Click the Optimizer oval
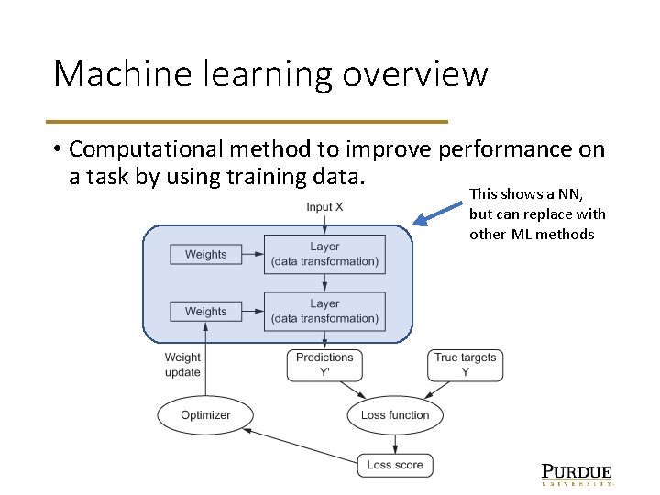(x=205, y=415)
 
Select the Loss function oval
(x=395, y=415)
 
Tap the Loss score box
(x=395, y=465)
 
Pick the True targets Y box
(x=465, y=365)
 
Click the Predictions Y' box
(x=324, y=365)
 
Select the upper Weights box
(x=205, y=254)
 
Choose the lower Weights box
(x=205, y=312)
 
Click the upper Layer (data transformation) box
(x=324, y=254)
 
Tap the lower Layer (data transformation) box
(x=324, y=311)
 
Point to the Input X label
(x=324, y=207)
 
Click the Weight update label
(x=182, y=365)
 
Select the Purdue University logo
(x=577, y=474)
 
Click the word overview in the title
(x=415, y=74)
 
